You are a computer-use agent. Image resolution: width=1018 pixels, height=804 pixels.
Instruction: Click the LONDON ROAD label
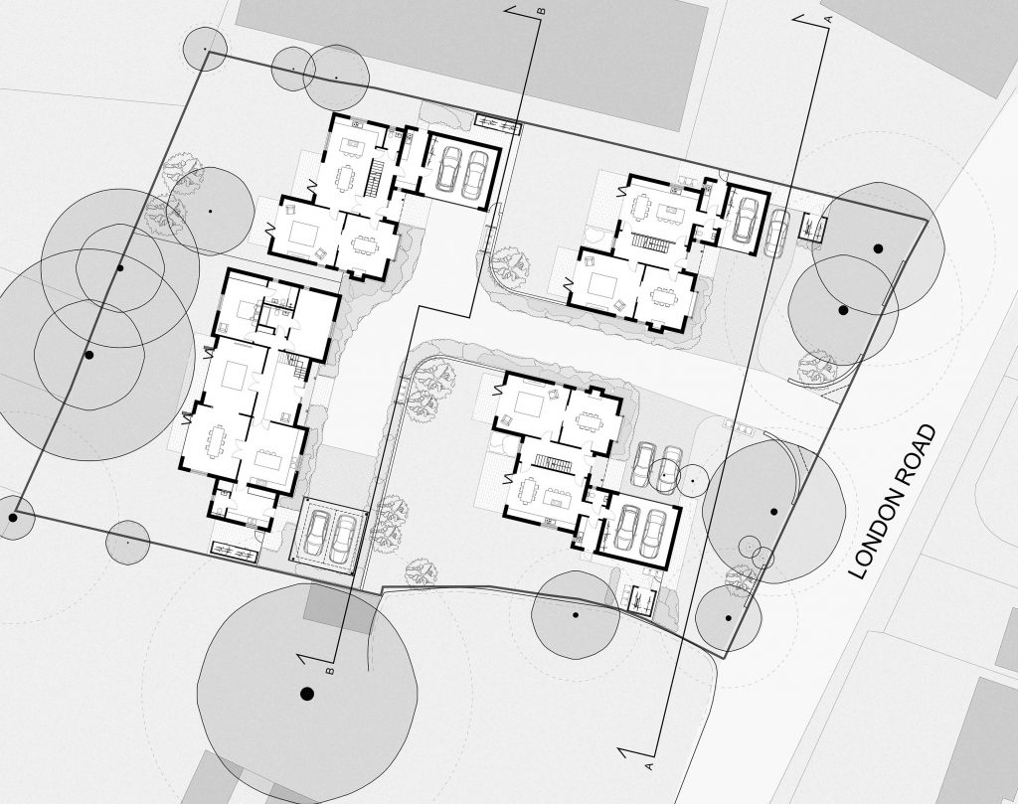pos(894,502)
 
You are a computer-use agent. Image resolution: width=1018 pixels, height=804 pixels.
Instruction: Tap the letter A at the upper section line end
pos(828,19)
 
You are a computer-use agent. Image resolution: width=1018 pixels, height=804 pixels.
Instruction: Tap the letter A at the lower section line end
pos(648,766)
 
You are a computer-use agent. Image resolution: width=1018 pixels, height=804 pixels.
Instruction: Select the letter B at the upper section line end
pos(540,10)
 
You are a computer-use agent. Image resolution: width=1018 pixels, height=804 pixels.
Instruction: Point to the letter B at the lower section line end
pos(330,670)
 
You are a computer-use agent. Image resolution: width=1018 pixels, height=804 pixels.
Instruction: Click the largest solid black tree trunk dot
pos(307,695)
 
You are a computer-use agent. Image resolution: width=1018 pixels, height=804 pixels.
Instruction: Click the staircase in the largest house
pos(297,367)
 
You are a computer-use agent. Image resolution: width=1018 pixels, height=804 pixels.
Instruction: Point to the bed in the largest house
pos(244,308)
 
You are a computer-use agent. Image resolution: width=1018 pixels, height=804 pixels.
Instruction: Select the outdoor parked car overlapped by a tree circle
pos(669,465)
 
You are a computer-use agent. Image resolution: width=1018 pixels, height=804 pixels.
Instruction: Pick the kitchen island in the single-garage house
pos(666,213)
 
